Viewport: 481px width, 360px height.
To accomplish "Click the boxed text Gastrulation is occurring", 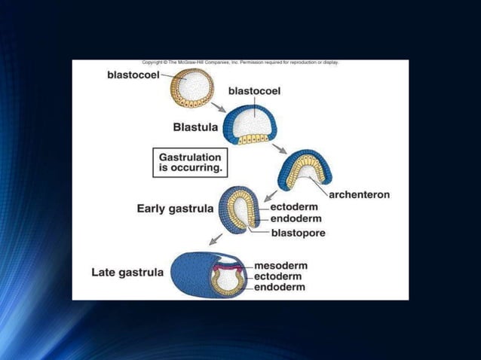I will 191,163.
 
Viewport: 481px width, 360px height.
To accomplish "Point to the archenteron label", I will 360,194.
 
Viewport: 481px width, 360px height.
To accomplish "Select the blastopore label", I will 298,233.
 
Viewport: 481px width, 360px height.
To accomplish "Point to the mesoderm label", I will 280,265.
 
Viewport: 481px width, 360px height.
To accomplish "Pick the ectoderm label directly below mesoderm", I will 279,276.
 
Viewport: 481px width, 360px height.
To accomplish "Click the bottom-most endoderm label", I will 280,287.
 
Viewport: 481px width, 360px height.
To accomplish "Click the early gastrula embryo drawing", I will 240,209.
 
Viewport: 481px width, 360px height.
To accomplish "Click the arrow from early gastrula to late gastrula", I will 216,239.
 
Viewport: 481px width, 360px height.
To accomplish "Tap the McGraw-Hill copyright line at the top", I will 240,63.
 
